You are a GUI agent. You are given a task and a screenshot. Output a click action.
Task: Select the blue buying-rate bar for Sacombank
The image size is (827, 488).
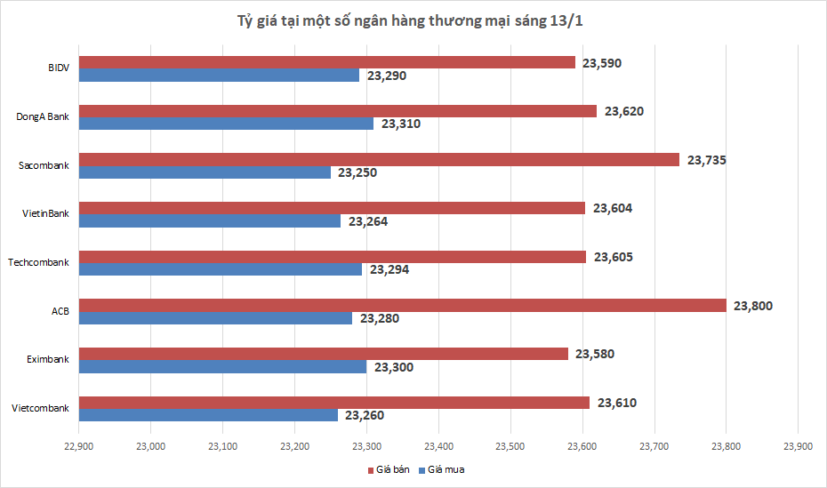click(x=205, y=172)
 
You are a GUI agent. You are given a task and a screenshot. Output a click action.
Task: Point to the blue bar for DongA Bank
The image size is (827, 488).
click(x=226, y=124)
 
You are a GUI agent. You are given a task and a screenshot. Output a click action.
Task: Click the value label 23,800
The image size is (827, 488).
click(x=753, y=306)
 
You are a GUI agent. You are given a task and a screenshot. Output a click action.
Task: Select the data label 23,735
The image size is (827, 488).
click(x=706, y=160)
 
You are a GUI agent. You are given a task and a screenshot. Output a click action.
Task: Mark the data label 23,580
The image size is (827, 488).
click(x=595, y=354)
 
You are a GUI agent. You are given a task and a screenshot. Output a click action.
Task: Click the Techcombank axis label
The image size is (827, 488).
click(x=38, y=262)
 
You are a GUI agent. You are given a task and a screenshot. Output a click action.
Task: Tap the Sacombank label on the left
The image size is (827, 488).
click(x=44, y=165)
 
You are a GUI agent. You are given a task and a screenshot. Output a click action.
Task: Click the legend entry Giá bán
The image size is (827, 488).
click(x=390, y=469)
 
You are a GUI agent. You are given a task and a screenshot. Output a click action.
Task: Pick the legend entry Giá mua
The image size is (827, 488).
click(x=446, y=469)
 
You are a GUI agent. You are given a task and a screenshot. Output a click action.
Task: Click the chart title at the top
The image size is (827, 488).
click(x=413, y=20)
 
